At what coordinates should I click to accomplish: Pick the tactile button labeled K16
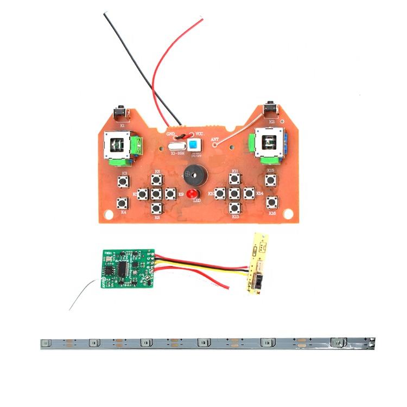click(271, 203)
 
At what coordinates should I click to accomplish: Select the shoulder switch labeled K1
click(122, 113)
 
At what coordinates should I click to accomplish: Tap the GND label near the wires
click(171, 132)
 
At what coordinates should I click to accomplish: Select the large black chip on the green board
click(124, 268)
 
